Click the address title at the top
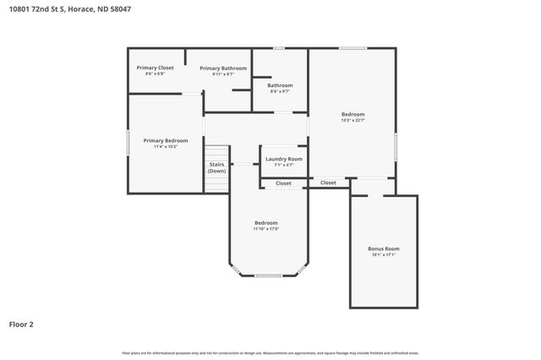(70, 9)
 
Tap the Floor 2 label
(21, 324)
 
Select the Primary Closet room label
(155, 68)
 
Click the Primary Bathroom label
(223, 68)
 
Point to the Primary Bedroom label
(166, 140)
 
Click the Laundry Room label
(283, 159)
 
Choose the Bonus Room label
(383, 249)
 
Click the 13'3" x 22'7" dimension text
(352, 120)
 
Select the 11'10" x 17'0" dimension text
(266, 229)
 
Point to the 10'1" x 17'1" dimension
(383, 255)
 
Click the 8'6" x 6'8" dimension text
(155, 74)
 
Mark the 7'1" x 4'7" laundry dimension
(283, 165)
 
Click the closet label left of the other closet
(283, 183)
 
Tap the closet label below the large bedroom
(328, 183)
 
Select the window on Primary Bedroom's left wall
(128, 141)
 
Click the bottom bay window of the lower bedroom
(268, 275)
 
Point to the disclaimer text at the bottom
(270, 352)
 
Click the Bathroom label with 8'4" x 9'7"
(280, 85)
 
